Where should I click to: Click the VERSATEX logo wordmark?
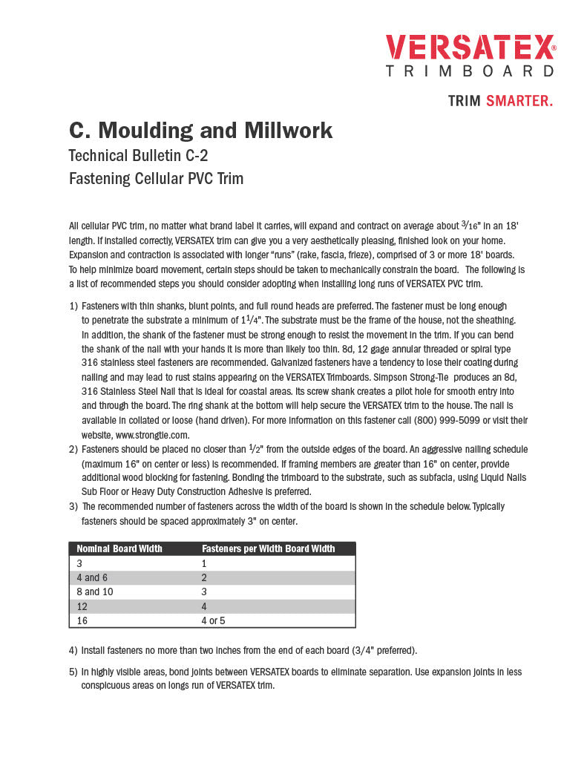click(x=470, y=47)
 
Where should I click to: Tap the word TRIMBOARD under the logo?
click(x=470, y=71)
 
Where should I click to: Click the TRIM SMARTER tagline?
click(x=500, y=101)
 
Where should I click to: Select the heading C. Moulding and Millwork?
click(x=200, y=131)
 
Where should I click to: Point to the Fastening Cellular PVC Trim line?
click(x=156, y=179)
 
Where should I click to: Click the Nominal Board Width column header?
click(x=119, y=548)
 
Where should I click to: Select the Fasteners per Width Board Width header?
click(x=269, y=548)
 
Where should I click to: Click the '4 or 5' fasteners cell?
click(x=213, y=620)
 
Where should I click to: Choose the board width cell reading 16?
click(x=82, y=620)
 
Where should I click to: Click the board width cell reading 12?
click(x=82, y=606)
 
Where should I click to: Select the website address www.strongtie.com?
click(x=152, y=435)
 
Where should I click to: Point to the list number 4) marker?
click(x=73, y=651)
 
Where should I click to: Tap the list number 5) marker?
click(x=73, y=672)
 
